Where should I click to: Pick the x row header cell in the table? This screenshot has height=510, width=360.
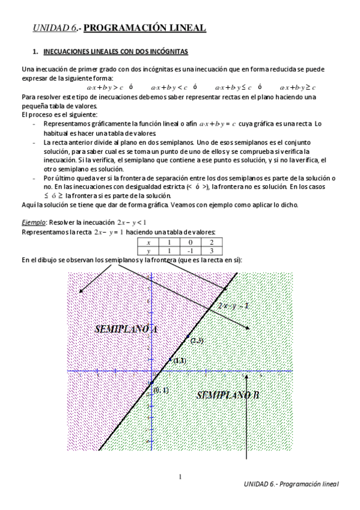point(148,242)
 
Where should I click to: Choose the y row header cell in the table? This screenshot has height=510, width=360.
point(148,250)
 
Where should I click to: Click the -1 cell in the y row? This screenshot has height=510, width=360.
point(191,250)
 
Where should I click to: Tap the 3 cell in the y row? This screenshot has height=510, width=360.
point(212,250)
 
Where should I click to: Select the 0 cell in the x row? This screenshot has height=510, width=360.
point(191,242)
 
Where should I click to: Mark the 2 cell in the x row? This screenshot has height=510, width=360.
point(212,242)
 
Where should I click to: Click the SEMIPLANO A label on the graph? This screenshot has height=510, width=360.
point(126,329)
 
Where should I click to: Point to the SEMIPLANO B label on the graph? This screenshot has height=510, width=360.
point(228,395)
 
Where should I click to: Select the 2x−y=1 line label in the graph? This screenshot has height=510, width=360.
point(234,306)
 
